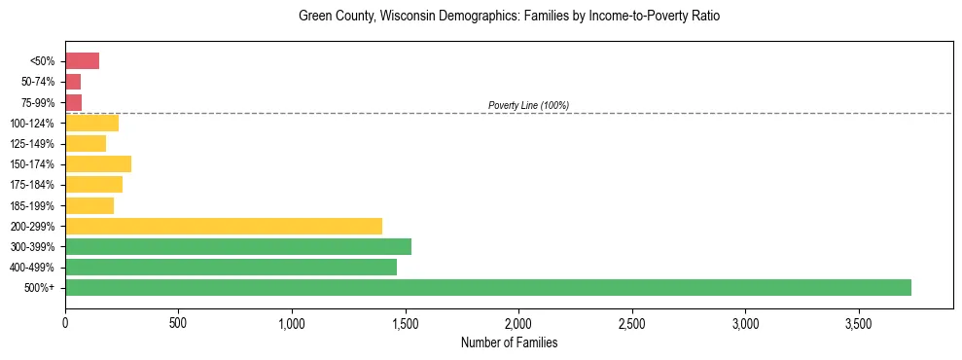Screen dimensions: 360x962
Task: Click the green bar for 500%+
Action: (487, 287)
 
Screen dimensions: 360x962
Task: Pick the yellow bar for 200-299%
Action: (223, 226)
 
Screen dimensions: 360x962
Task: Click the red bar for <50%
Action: (82, 61)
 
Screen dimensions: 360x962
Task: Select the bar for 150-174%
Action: (97, 163)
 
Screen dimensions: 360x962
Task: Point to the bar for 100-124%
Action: (91, 123)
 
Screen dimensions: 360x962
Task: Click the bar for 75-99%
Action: (73, 102)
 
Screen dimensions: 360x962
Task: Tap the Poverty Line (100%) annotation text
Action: (528, 105)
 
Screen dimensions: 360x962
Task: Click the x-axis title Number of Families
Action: (509, 342)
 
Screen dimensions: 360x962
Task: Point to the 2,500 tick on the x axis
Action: (632, 321)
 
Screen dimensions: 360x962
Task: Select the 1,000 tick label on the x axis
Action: (292, 321)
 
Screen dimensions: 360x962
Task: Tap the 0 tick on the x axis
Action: (65, 321)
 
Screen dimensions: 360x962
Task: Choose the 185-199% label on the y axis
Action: (32, 205)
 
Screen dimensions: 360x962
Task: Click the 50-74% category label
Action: (37, 82)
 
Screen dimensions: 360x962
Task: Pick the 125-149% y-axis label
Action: (32, 143)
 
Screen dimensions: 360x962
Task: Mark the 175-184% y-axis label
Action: (32, 185)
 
